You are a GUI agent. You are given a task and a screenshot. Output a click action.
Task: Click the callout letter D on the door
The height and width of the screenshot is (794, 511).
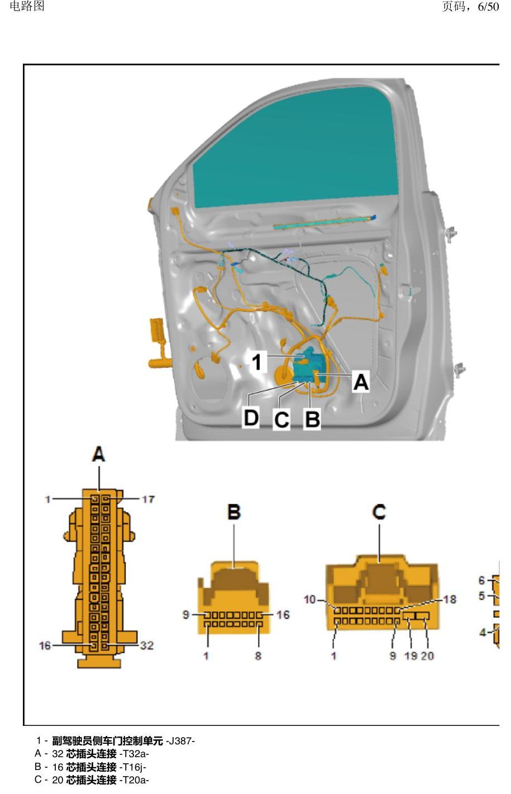pos(251,418)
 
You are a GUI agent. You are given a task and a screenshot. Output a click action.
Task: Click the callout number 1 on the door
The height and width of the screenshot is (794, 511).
pos(257,362)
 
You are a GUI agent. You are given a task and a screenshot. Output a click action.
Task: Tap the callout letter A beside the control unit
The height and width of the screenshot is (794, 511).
pos(361,382)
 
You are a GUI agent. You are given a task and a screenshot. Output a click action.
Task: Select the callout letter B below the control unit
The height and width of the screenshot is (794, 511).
pos(312,419)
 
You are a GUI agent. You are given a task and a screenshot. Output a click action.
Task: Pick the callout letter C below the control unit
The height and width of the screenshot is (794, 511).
pos(281,420)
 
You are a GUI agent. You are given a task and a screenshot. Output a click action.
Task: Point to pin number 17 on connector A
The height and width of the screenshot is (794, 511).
pos(149,499)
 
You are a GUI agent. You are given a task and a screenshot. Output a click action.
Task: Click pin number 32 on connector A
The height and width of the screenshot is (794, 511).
pos(147,645)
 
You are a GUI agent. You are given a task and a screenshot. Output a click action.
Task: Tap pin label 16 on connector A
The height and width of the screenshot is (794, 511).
pos(45,646)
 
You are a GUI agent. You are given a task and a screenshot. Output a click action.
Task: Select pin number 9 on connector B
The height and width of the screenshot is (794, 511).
pos(186,614)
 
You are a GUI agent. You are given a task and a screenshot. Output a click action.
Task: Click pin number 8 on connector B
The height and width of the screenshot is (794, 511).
pos(258,656)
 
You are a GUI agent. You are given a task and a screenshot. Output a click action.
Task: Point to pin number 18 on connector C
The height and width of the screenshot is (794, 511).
pos(450,599)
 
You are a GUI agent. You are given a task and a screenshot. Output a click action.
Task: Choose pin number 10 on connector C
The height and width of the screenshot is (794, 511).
pos(310,599)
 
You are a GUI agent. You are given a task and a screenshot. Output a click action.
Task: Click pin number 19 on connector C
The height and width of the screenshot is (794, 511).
pos(410,656)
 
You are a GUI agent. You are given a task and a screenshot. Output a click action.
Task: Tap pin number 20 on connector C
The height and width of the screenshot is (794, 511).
pos(427,656)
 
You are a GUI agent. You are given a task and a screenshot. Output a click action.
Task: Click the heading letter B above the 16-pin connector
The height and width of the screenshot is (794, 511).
pos(234,512)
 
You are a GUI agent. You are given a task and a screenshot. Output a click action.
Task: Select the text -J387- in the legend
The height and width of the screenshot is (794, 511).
pos(180,741)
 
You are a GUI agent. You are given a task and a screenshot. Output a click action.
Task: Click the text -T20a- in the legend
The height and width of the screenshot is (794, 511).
pos(134,780)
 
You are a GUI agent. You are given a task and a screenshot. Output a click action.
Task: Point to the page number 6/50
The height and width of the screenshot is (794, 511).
pos(488,6)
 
